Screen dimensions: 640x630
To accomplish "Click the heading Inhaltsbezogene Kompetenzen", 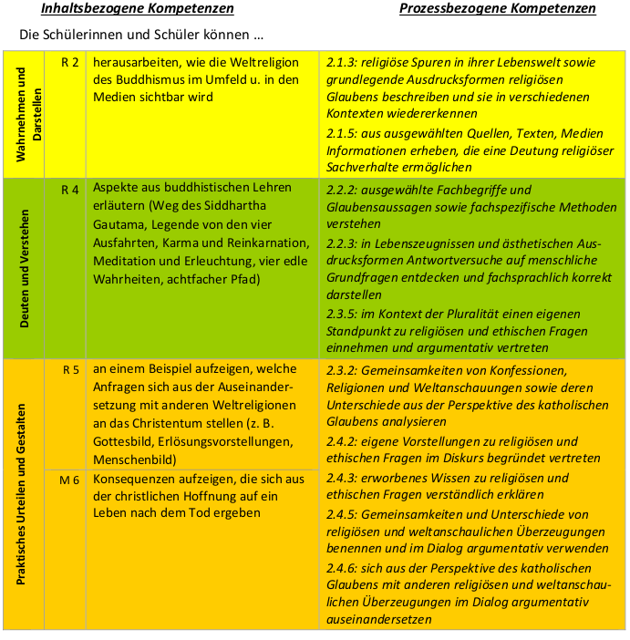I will click(137, 9).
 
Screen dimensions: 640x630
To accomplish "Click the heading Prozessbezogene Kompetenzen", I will click(498, 9).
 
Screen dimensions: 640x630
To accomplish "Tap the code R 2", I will click(70, 62).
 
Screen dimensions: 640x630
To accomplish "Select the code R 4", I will click(70, 190).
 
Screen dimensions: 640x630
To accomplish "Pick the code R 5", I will click(70, 370).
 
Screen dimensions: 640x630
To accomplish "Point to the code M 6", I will click(70, 480).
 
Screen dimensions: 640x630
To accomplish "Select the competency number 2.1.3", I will click(341, 62).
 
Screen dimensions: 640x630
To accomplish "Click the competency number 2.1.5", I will click(341, 133).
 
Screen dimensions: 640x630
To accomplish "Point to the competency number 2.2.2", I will click(341, 190).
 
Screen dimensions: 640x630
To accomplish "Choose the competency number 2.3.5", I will click(341, 313).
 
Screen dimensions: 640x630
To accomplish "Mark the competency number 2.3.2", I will click(341, 370).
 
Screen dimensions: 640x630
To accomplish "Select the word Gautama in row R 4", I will click(121, 225).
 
